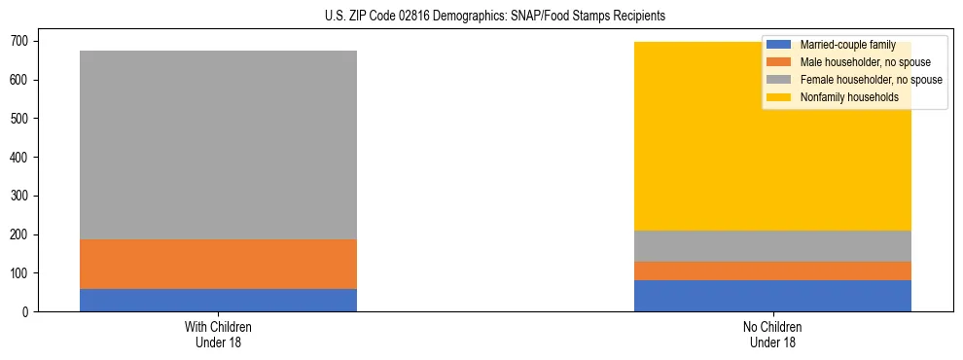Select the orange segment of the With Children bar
pos(218,264)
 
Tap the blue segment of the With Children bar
pos(218,300)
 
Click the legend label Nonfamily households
pos(842,97)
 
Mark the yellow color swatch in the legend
pos(779,97)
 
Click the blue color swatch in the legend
pos(779,45)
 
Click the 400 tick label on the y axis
pos(20,157)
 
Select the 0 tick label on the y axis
pos(26,312)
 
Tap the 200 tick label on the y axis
pos(20,234)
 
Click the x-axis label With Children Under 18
pos(218,334)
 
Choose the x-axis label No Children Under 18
pos(772,334)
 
